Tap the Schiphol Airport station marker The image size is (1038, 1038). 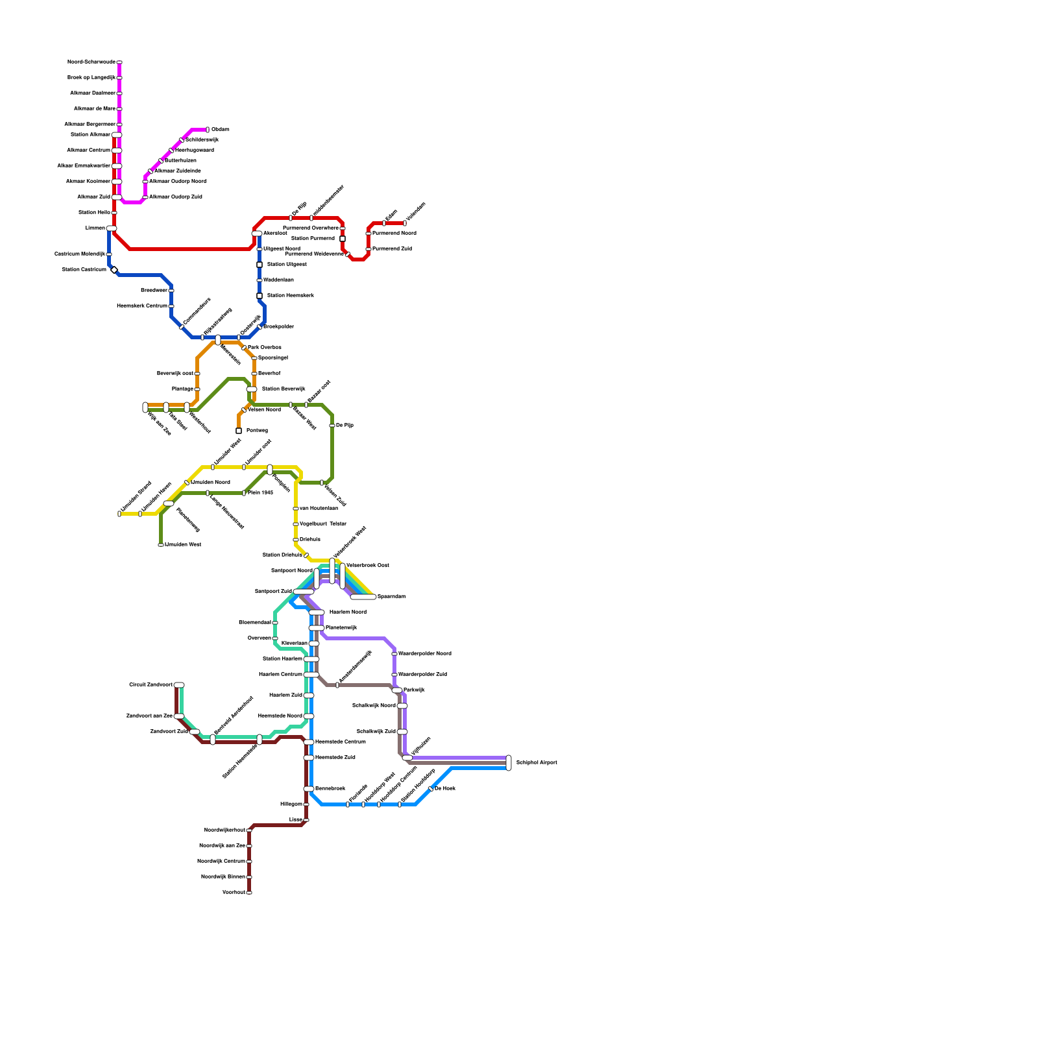coord(509,763)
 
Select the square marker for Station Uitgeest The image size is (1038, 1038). coord(259,265)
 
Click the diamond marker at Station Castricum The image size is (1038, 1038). coord(114,270)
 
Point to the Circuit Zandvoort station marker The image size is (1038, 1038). coord(179,685)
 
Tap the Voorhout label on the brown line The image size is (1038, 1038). coord(234,893)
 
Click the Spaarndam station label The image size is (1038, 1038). coord(391,597)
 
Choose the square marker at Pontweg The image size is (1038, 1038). coord(239,431)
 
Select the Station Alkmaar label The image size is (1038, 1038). coord(90,135)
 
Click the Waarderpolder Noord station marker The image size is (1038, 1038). coord(394,654)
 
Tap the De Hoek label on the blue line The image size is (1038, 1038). coord(445,789)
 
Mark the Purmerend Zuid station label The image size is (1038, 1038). coord(392,249)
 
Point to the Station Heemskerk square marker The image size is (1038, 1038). coord(259,296)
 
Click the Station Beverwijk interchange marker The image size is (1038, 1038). coord(252,389)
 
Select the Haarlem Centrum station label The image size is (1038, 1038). coord(280,675)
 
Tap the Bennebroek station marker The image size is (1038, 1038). coord(309,789)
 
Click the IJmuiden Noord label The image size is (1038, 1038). coord(210,483)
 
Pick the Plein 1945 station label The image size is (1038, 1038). coord(260,493)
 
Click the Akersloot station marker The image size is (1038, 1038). coord(257,234)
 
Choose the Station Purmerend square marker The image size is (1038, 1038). coord(343,239)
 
